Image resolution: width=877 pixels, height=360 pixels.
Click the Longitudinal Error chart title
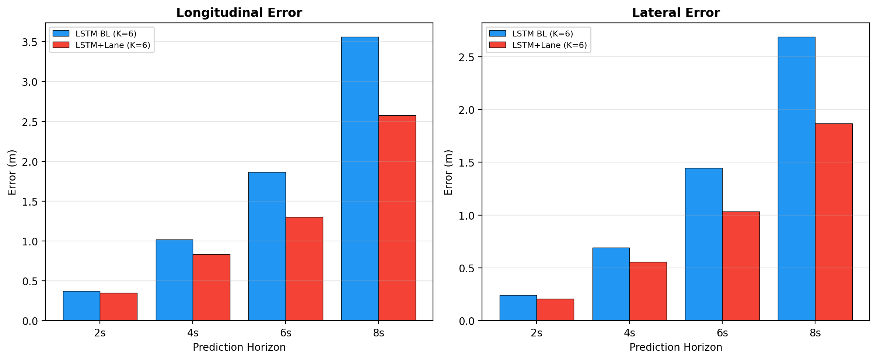[239, 13]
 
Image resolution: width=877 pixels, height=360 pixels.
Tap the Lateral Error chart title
[675, 13]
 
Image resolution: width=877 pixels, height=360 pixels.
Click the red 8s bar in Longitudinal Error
[397, 218]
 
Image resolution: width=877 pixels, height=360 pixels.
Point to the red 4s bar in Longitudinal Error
[211, 287]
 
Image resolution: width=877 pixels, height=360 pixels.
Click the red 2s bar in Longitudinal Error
[118, 307]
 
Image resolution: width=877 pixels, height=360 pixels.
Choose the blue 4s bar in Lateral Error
[611, 284]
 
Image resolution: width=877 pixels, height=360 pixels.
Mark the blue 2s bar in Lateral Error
[518, 308]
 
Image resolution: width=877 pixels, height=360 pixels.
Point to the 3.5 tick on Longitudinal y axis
[30, 42]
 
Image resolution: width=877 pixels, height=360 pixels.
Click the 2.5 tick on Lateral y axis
[466, 57]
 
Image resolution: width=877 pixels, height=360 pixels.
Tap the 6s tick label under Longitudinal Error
[286, 333]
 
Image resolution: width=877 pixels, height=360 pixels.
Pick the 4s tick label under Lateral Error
[629, 333]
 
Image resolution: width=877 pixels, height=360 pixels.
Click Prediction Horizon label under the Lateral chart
[675, 347]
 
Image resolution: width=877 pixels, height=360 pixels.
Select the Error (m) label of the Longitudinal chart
[12, 172]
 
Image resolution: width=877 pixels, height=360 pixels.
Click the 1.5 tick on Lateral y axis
[466, 162]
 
